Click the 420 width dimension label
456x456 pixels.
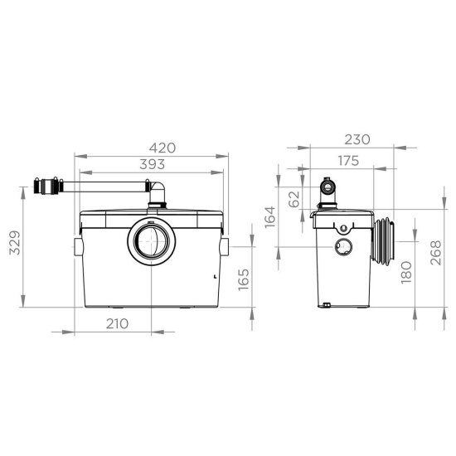(163, 148)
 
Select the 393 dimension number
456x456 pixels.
(152, 164)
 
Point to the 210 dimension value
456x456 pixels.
(117, 323)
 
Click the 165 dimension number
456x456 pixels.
(244, 279)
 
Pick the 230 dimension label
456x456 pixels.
(357, 139)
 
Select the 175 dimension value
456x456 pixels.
(348, 161)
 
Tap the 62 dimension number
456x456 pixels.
(294, 199)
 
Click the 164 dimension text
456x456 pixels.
(270, 217)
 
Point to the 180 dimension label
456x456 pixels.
(406, 273)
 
